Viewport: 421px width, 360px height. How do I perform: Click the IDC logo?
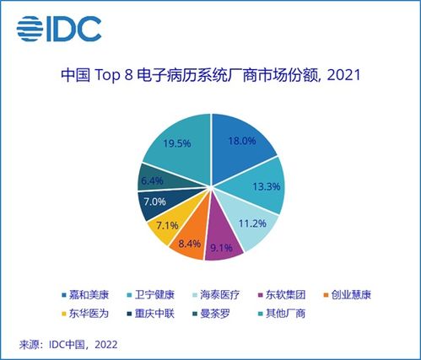click(59, 29)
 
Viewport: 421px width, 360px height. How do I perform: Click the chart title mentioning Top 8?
click(211, 75)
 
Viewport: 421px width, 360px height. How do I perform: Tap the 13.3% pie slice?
click(259, 186)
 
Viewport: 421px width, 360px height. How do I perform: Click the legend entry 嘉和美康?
click(85, 295)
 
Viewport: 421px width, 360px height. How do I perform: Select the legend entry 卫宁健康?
click(150, 295)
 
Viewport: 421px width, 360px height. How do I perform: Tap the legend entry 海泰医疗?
click(216, 295)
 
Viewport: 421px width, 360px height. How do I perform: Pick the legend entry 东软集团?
click(282, 295)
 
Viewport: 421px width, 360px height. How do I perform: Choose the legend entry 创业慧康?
click(348, 295)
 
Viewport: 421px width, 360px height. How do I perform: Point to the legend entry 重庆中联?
click(150, 314)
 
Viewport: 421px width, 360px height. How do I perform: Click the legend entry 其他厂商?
click(282, 314)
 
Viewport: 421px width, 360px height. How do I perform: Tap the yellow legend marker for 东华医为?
click(64, 314)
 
